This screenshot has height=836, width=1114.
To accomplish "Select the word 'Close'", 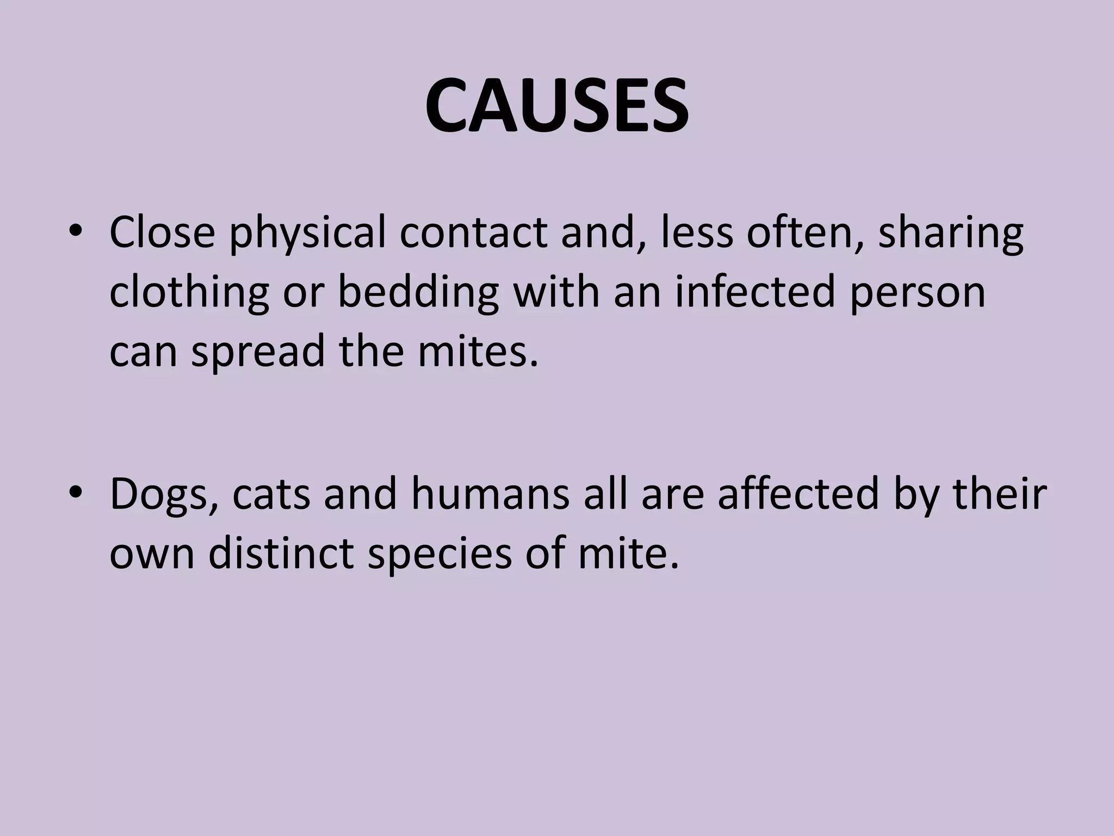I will pyautogui.click(x=162, y=232).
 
